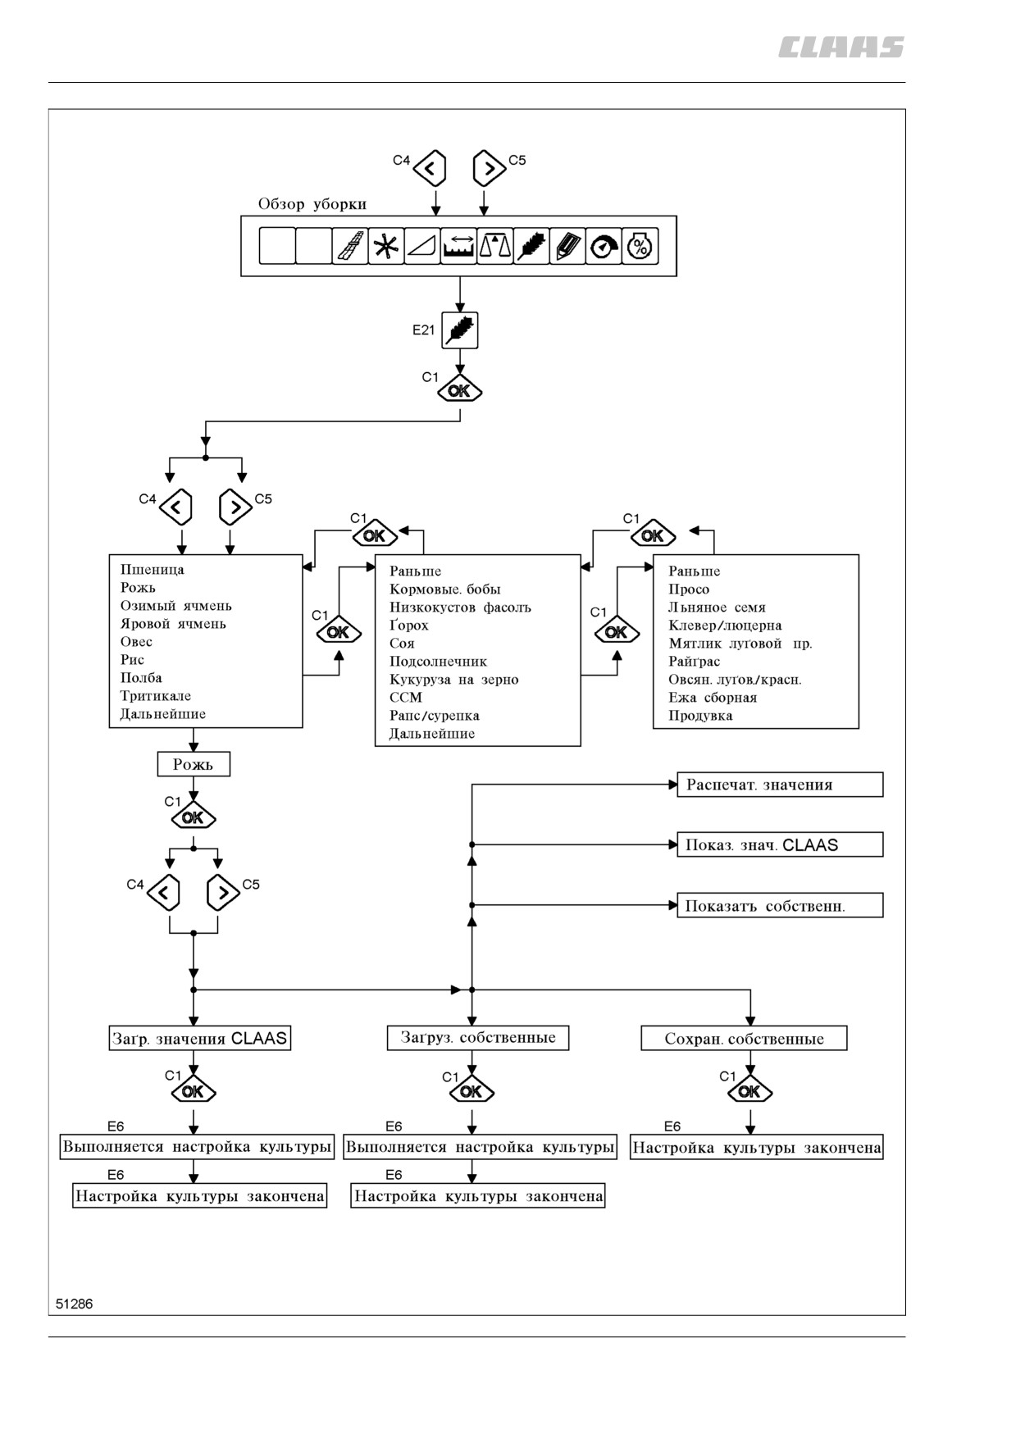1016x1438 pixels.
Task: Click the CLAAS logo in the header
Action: coord(841,48)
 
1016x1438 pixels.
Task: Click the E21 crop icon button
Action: coord(459,330)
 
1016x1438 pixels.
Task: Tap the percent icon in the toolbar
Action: coord(640,246)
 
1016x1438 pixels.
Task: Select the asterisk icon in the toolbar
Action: coord(386,246)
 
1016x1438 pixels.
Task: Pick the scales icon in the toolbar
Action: coord(495,246)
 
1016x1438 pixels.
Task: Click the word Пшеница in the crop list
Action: coord(153,570)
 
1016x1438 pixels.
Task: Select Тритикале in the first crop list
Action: coord(156,696)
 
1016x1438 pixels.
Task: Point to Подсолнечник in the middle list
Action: coord(438,662)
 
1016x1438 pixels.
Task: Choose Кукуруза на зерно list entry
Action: coord(453,680)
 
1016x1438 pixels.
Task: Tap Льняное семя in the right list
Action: coord(717,608)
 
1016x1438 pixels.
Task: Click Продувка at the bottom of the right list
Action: coord(700,716)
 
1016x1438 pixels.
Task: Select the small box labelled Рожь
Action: coord(194,764)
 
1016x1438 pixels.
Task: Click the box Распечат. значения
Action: coord(780,785)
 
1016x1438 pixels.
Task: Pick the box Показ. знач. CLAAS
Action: coord(780,844)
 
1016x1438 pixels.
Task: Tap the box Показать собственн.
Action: coord(780,905)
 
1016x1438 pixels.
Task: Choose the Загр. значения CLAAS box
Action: coord(200,1038)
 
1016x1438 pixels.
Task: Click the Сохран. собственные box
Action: coord(744,1039)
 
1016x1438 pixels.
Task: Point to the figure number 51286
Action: coord(75,1304)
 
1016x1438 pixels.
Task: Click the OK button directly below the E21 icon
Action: coord(459,390)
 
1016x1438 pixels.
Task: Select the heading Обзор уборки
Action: coord(312,204)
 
